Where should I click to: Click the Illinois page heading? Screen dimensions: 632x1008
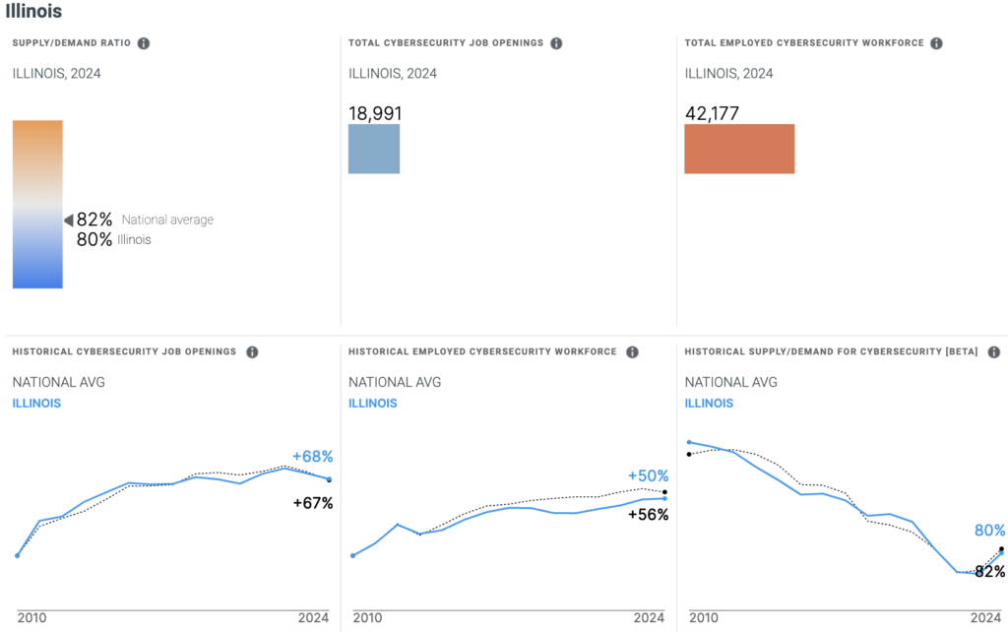34,12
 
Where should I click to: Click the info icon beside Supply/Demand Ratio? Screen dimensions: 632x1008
144,43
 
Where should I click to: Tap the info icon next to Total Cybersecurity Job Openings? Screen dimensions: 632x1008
556,43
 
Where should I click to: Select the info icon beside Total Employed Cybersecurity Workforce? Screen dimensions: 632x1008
936,43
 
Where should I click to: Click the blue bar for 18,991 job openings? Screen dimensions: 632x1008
374,149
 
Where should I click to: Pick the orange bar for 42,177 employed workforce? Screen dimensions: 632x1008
739,149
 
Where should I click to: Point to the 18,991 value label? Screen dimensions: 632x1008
375,113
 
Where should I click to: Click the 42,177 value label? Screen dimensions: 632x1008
712,113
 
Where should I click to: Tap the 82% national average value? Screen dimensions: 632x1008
94,220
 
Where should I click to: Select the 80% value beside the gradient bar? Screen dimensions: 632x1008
94,239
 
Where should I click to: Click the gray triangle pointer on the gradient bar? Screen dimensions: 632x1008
69,220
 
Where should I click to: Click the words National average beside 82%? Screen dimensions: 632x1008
167,220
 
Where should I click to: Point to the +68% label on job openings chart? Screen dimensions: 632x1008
313,457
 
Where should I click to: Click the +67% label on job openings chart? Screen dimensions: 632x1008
313,503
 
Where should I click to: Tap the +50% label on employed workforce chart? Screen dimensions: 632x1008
648,476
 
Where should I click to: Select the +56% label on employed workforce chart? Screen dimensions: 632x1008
648,515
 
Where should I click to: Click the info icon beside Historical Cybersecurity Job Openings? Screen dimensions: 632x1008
252,352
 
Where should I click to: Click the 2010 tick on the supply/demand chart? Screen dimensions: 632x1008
703,618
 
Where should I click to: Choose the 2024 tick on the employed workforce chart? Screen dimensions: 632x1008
649,618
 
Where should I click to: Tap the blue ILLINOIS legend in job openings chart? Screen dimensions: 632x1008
36,403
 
